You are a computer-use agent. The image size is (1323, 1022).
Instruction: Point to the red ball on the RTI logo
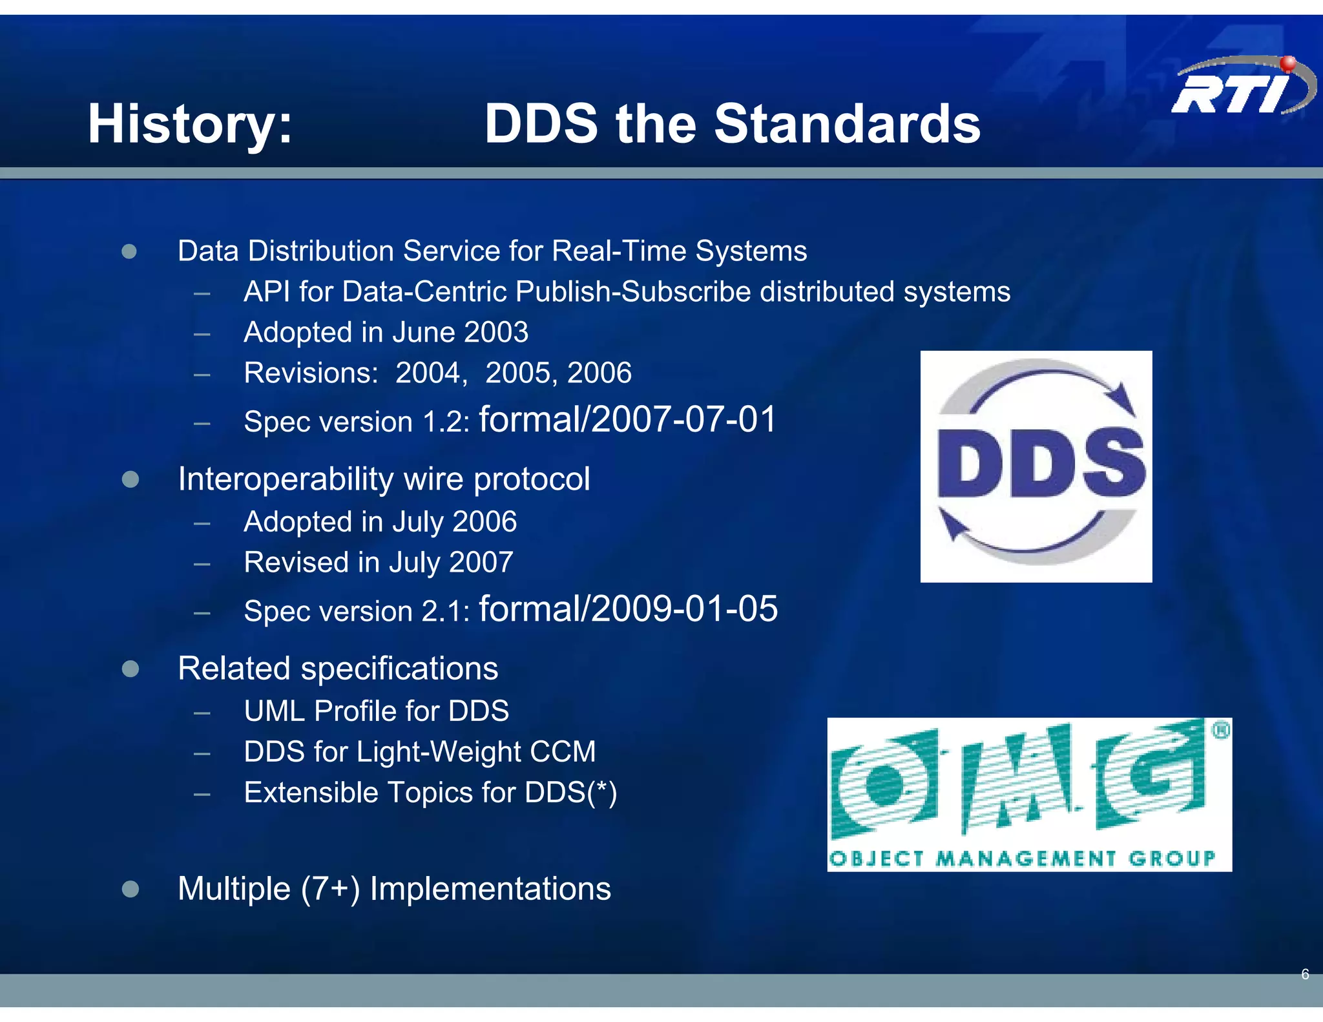pyautogui.click(x=1288, y=63)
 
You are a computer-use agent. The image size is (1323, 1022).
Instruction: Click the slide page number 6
pyautogui.click(x=1305, y=974)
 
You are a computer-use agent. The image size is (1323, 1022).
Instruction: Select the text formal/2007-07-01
pyautogui.click(x=627, y=420)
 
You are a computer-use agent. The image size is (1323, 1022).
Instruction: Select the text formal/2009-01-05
pyautogui.click(x=628, y=609)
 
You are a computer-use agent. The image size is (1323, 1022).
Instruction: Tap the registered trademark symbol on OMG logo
pyautogui.click(x=1220, y=731)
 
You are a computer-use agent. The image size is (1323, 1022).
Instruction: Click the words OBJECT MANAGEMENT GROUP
pyautogui.click(x=1022, y=859)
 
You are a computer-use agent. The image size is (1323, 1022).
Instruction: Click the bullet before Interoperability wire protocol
pyautogui.click(x=130, y=479)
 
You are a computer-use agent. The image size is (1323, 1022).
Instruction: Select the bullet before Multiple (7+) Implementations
pyautogui.click(x=130, y=889)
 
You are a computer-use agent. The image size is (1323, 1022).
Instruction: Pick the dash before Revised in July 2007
pyautogui.click(x=202, y=563)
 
